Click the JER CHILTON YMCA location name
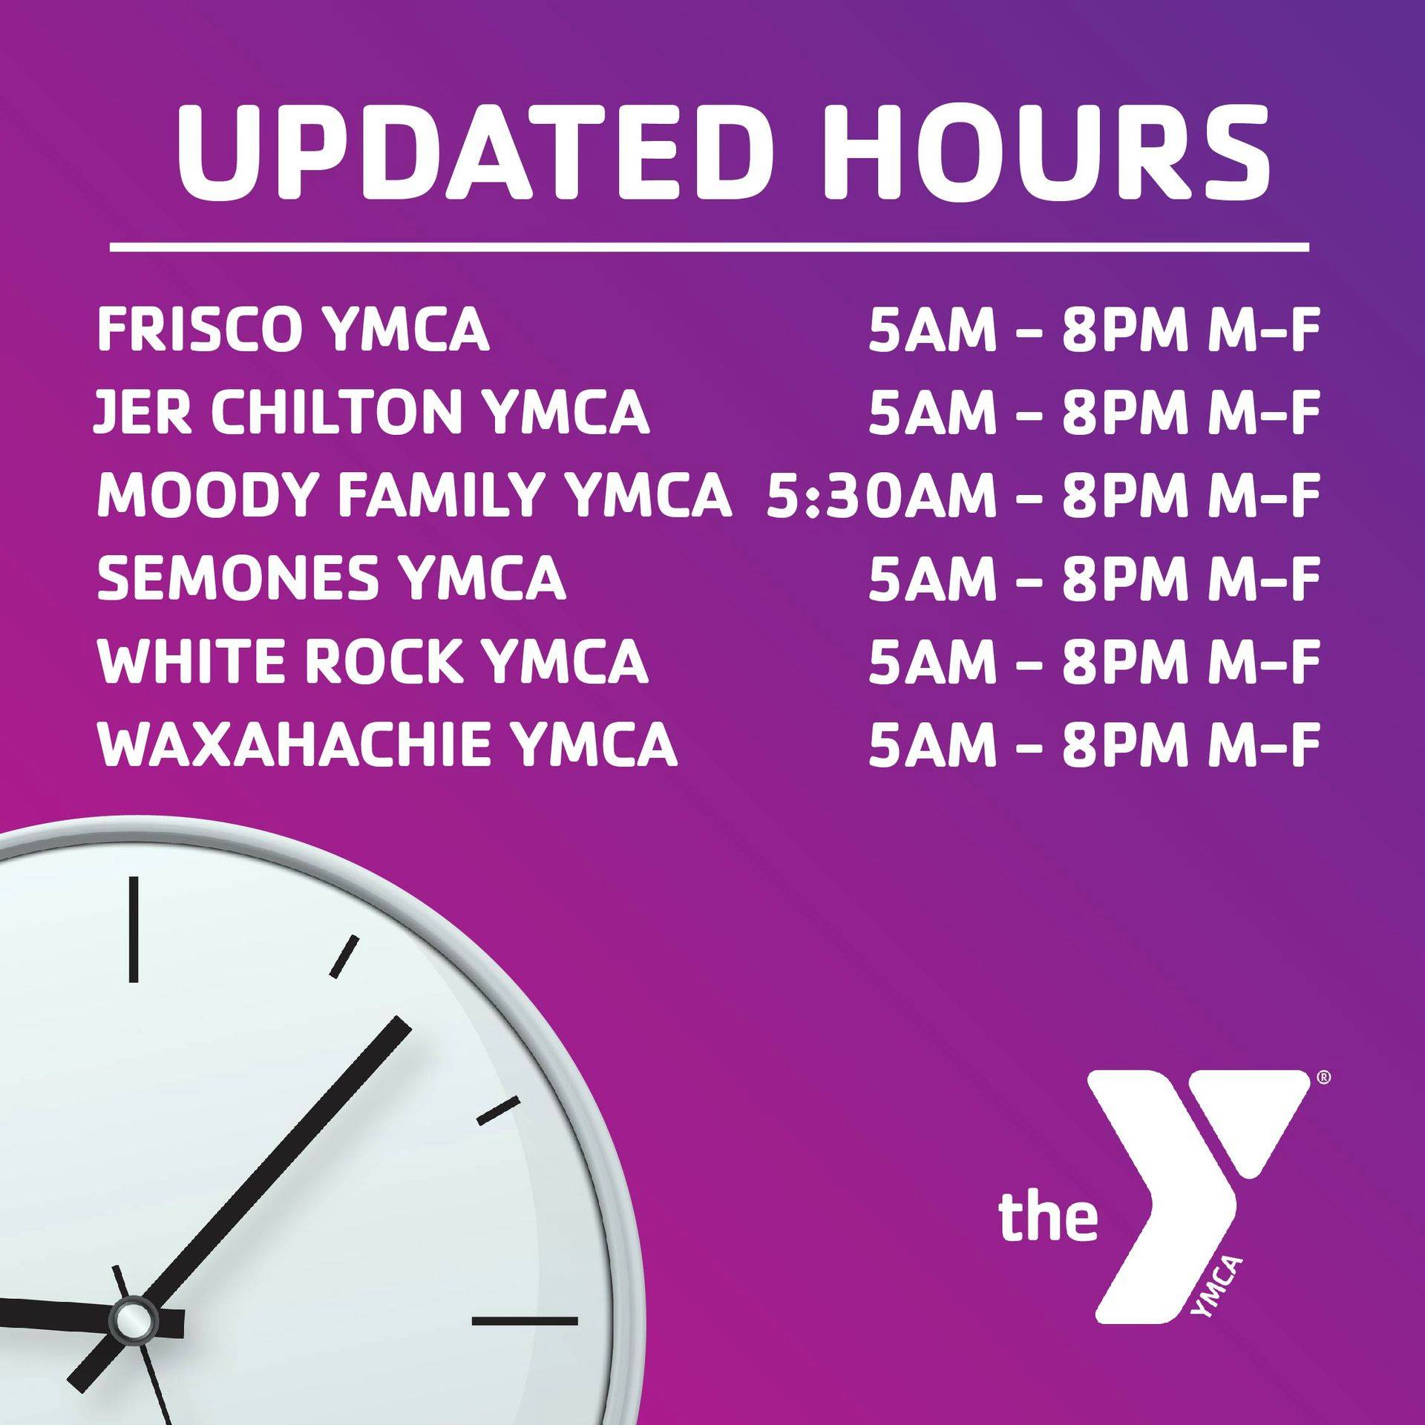point(372,412)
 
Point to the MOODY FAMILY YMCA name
point(414,494)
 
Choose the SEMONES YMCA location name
point(332,577)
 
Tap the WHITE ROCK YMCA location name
point(373,660)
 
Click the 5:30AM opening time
point(881,494)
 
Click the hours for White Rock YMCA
point(1094,660)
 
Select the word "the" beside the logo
point(1048,1217)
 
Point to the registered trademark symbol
point(1323,1098)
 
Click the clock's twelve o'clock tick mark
point(134,930)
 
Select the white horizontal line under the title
point(710,246)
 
